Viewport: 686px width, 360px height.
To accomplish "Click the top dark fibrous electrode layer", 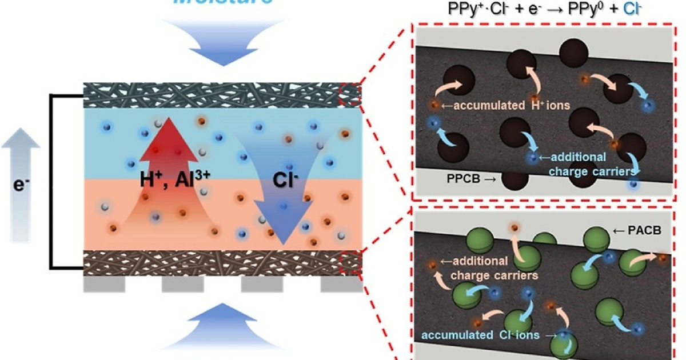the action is point(223,95).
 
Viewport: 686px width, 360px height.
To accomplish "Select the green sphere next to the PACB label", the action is point(596,238).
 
